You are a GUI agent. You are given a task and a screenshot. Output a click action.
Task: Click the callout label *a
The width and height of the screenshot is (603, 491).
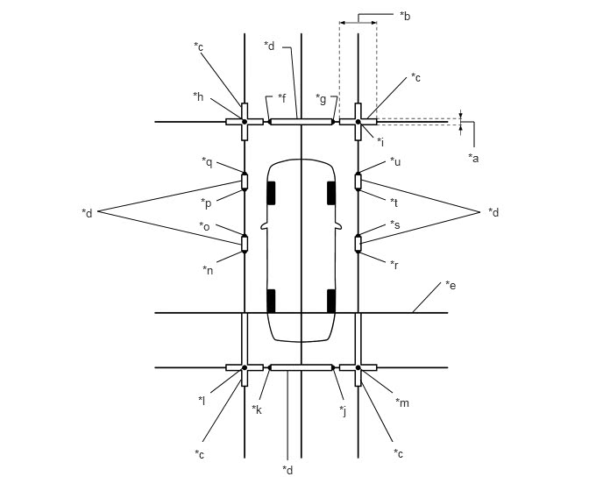473,158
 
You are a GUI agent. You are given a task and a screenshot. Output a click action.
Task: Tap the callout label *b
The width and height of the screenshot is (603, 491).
405,16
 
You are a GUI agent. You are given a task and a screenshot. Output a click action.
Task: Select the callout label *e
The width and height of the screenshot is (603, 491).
450,285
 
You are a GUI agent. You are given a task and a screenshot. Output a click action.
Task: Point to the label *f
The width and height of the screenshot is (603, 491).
282,98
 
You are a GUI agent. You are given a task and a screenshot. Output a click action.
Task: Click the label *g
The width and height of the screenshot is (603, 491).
321,99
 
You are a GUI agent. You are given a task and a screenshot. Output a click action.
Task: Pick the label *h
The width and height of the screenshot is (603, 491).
198,96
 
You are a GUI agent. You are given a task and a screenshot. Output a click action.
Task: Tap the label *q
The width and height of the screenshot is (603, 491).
207,162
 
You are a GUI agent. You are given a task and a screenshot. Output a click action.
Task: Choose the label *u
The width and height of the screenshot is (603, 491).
395,161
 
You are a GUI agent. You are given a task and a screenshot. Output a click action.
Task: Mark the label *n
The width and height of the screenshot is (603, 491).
208,270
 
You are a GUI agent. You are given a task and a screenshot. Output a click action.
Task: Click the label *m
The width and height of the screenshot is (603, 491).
402,402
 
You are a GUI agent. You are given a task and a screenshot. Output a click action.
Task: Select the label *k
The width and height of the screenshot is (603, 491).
257,409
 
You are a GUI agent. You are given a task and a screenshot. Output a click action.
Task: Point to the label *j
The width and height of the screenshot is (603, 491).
343,411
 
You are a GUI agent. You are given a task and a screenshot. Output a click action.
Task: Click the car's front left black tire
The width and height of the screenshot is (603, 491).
271,193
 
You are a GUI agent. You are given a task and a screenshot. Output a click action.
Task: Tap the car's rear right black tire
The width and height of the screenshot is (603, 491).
331,301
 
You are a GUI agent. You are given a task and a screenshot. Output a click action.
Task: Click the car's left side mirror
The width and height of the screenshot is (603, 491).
264,226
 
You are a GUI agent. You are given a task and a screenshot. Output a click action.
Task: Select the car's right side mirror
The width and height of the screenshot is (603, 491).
338,226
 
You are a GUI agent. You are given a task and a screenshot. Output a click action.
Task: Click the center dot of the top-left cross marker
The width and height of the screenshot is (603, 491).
245,122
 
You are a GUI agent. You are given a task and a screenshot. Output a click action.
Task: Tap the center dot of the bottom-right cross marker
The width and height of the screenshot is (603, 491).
358,367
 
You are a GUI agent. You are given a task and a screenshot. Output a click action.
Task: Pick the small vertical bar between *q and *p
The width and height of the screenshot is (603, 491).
245,181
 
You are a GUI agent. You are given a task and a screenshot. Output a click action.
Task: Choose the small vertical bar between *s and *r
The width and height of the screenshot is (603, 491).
358,244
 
